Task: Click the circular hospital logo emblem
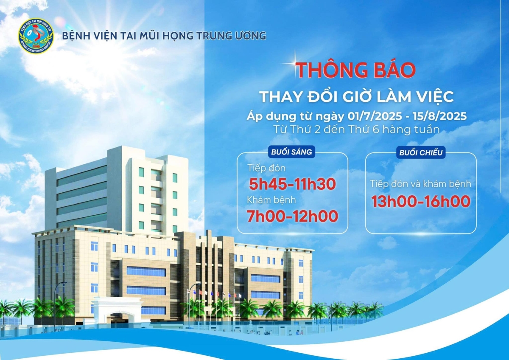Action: coord(36,36)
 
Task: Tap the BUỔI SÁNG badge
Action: coord(291,152)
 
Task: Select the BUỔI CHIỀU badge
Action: coord(421,152)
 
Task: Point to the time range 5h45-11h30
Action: coord(292,184)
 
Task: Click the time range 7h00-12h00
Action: coord(292,216)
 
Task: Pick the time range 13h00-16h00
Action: coord(421,201)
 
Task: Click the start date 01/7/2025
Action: coord(375,116)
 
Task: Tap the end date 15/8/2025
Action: coord(440,116)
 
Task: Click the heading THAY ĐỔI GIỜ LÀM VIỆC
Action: coord(357,96)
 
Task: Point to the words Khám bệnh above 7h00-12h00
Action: coord(271,200)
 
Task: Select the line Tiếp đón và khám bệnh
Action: coord(421,184)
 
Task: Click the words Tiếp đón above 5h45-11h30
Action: coord(266,168)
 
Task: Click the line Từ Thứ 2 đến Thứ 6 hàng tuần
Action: coord(356,129)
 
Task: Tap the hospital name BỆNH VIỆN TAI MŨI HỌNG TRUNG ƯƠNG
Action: coord(164,36)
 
